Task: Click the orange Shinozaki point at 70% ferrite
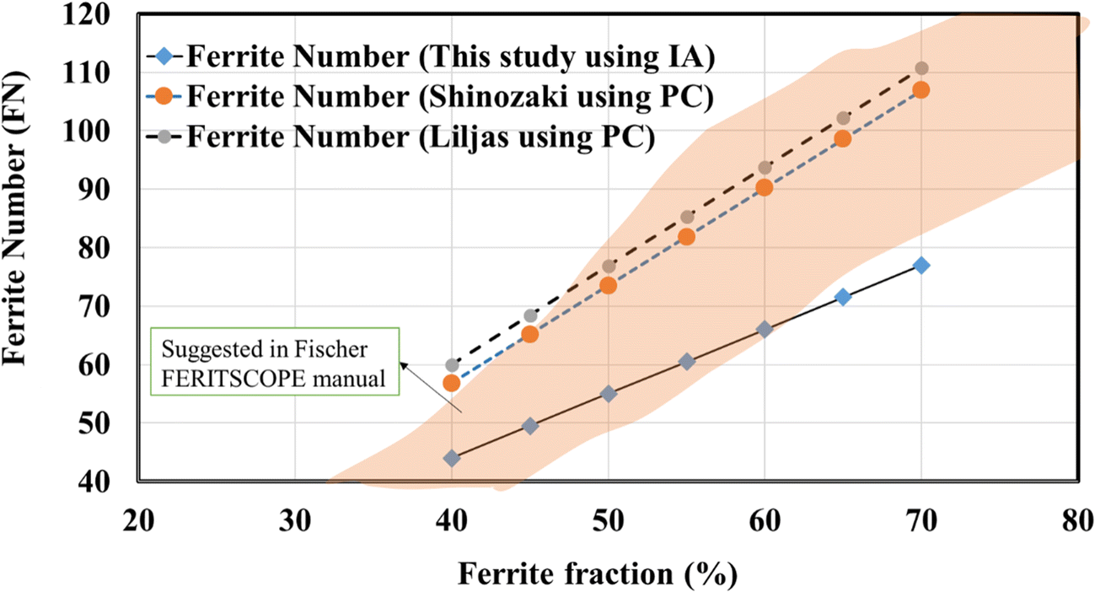pos(921,89)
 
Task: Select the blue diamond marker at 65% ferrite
pos(843,297)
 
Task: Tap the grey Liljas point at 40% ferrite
pos(452,365)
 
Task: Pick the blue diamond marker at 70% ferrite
pos(921,265)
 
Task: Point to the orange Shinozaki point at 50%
pos(609,285)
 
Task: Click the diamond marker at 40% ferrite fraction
pos(452,458)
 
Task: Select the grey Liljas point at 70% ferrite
pos(921,68)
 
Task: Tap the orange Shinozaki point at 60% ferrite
pos(765,187)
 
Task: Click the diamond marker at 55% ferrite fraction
pos(687,362)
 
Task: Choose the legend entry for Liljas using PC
pos(421,136)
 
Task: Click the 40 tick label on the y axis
pos(114,482)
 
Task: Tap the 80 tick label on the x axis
pos(1078,520)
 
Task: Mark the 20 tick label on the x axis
pos(138,520)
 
